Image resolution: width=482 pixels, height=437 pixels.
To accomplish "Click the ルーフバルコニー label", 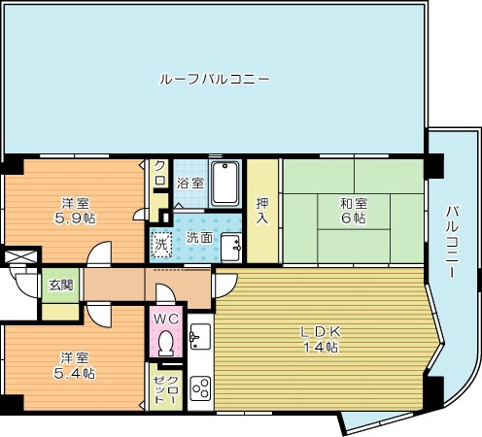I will click(214, 79).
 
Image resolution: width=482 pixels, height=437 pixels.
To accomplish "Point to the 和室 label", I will click(353, 203).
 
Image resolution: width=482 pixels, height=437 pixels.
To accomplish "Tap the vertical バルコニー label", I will click(454, 242).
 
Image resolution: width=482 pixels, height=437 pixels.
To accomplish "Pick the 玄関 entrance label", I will click(60, 285).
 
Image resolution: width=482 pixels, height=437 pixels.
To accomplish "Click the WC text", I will click(164, 318).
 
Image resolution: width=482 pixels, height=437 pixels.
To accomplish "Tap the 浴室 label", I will click(190, 183).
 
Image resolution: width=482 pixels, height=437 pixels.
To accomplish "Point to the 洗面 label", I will click(199, 237).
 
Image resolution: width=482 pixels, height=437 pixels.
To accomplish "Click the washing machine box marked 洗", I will click(162, 242).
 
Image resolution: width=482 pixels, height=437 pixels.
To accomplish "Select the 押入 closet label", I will click(262, 210).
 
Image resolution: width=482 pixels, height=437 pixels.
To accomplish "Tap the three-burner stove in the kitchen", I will click(201, 387).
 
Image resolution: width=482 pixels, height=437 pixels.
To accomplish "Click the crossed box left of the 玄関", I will click(19, 259).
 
